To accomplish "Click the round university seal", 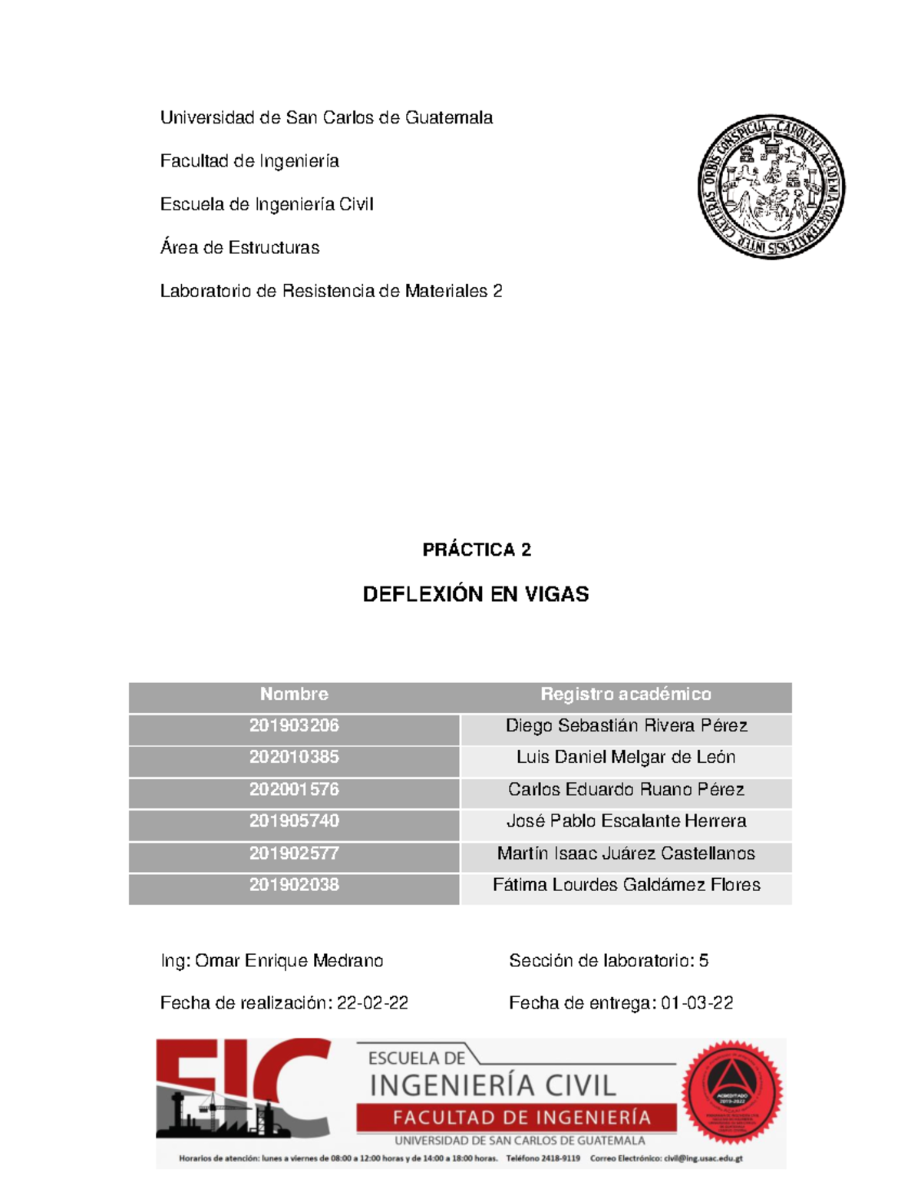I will tap(771, 187).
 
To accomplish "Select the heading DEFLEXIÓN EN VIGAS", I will tap(475, 594).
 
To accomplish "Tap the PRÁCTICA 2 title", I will tap(476, 550).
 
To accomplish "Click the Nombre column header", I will tap(294, 695).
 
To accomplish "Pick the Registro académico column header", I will tap(626, 695).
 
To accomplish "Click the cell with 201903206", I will tap(294, 726).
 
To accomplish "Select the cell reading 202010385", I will tap(294, 758).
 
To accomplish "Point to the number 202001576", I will tap(294, 790).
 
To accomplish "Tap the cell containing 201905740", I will tap(294, 821).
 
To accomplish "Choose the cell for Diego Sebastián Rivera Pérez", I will tap(626, 726).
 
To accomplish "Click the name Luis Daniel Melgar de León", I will tap(626, 758).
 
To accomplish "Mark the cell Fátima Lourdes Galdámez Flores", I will tap(626, 885).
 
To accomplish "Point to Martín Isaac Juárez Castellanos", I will tap(626, 854).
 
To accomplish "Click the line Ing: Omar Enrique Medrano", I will tap(272, 961).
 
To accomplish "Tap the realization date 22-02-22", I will tap(372, 1003).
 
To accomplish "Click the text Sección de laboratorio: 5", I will tap(608, 961).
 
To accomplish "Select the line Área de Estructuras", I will tap(239, 248).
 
